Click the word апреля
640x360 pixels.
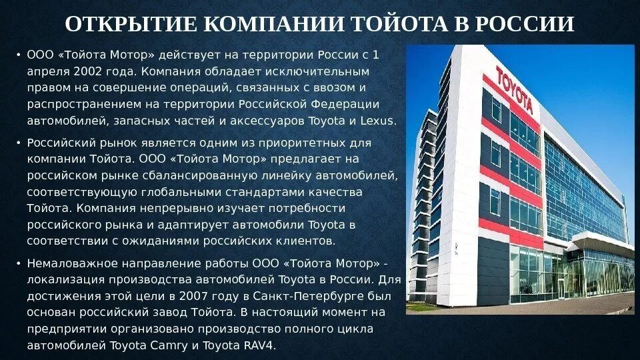pyautogui.click(x=45, y=70)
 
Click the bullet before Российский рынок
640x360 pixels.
pyautogui.click(x=19, y=143)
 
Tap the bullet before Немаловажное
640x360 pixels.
pyautogui.click(x=19, y=262)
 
